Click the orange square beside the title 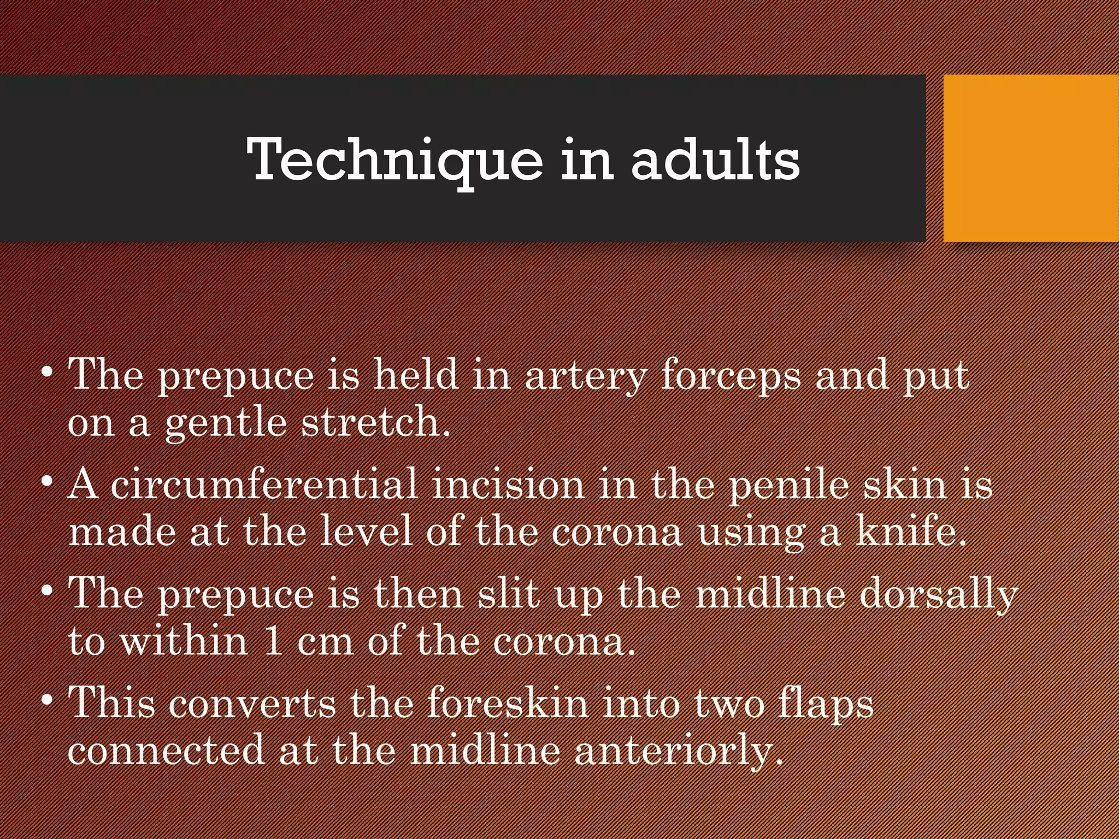[1031, 158]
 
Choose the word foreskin [508, 703]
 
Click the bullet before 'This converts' [48, 700]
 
